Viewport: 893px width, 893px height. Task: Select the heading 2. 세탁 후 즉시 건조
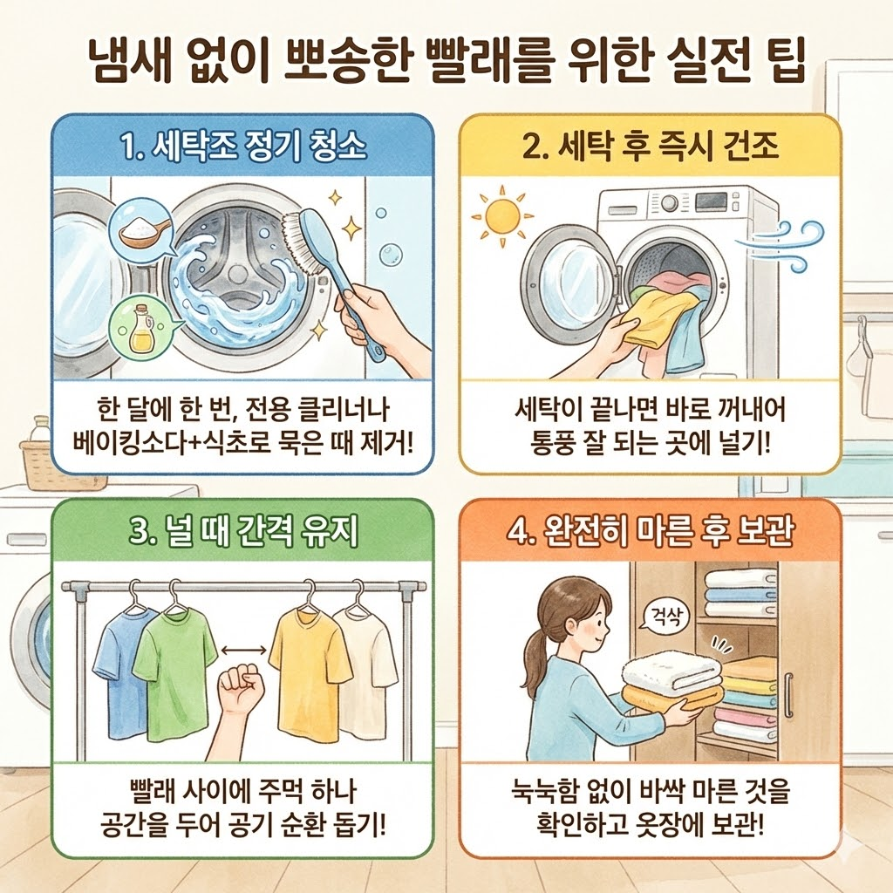click(650, 147)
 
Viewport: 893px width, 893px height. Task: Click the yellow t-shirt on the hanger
click(309, 671)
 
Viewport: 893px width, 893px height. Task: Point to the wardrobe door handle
click(788, 693)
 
